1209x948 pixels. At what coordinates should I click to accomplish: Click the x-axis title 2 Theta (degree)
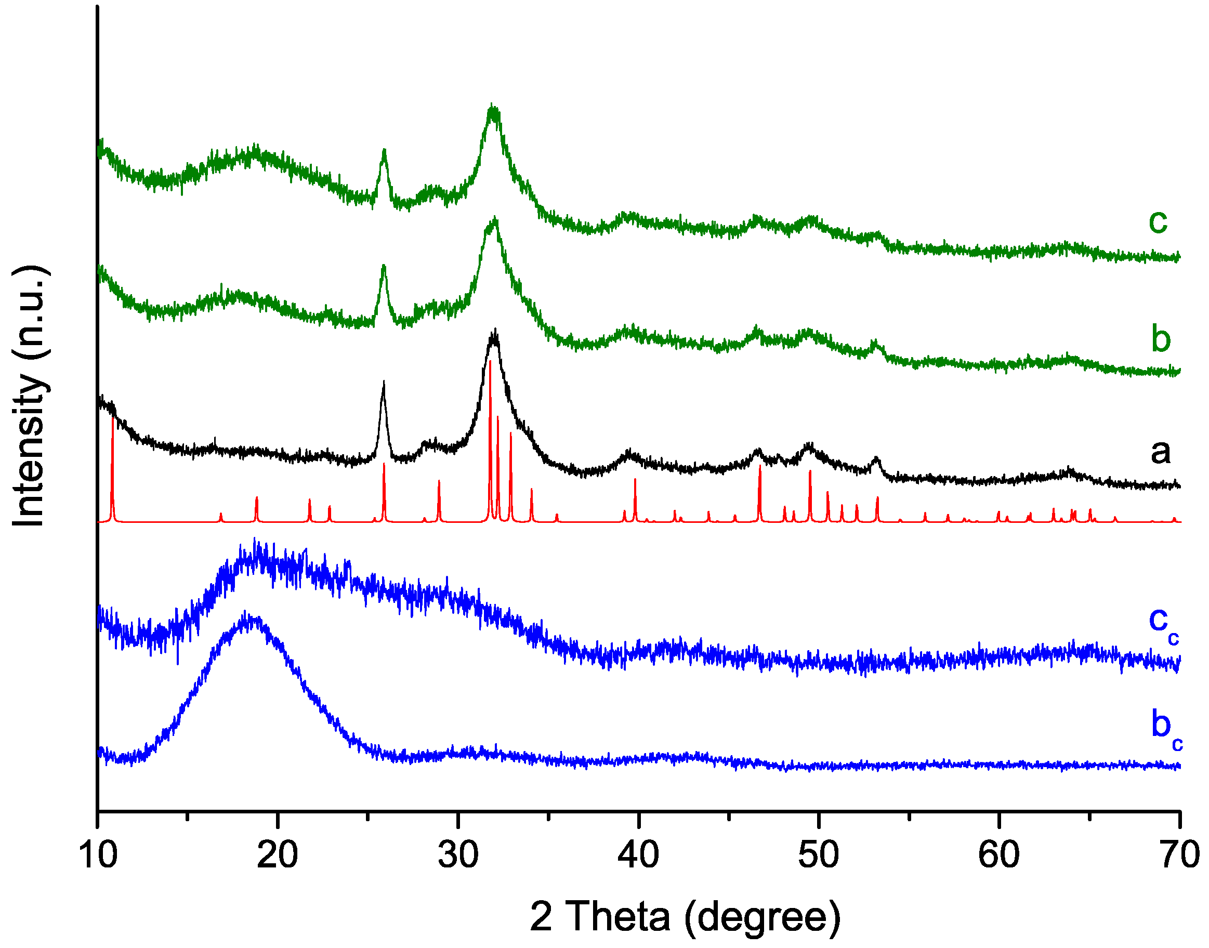[685, 917]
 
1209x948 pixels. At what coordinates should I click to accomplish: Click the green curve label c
[1158, 221]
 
